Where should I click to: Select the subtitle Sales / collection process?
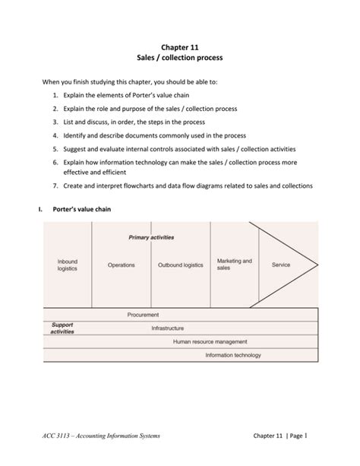[x=180, y=59]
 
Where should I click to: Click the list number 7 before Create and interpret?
[x=56, y=186]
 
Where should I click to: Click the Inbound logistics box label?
[x=68, y=265]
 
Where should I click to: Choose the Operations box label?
[x=122, y=265]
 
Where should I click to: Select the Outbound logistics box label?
[x=180, y=265]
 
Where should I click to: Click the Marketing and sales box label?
[x=234, y=264]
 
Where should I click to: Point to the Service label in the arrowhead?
[x=281, y=265]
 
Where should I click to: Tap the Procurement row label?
[x=143, y=314]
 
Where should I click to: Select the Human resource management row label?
[x=210, y=341]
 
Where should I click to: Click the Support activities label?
[x=62, y=328]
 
